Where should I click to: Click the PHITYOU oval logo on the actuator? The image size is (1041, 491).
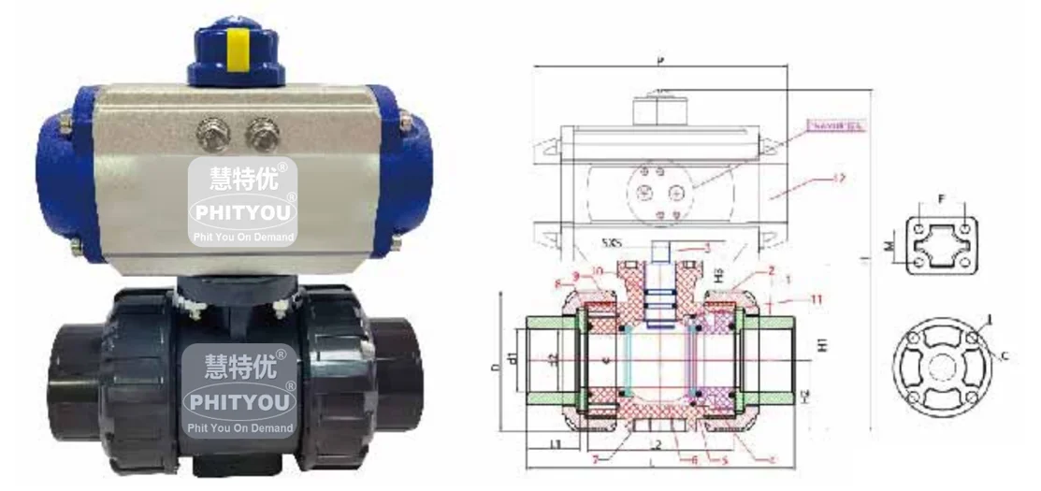tap(241, 212)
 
